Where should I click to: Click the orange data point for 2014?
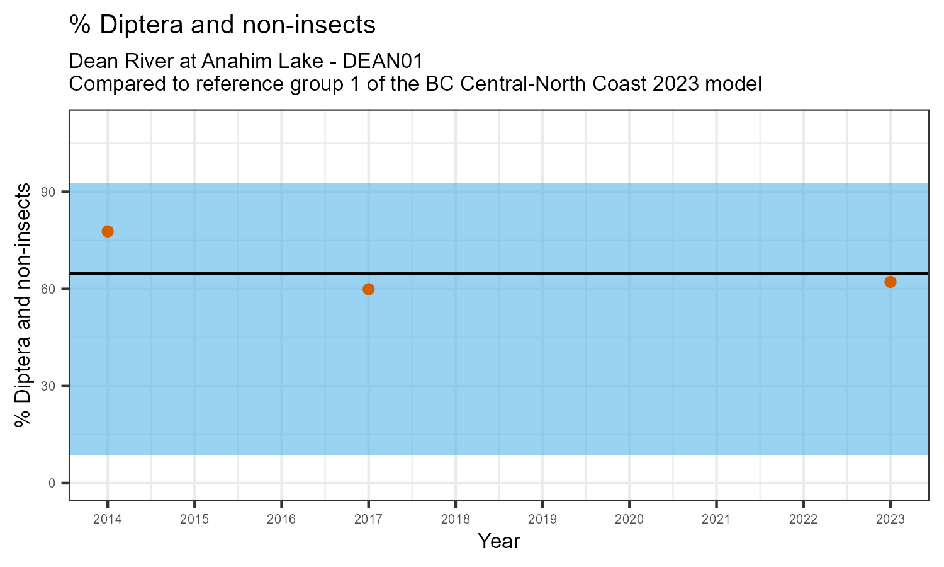pos(108,231)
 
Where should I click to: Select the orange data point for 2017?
pos(369,289)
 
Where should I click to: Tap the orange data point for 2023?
pos(890,282)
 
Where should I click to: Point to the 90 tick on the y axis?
pos(54,192)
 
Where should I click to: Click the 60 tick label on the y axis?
pos(54,289)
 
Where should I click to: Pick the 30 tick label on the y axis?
pos(54,386)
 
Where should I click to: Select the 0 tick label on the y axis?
pos(57,483)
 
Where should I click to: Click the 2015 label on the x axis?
pos(194,520)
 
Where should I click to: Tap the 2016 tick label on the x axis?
pos(281,520)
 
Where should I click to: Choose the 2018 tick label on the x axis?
pos(456,520)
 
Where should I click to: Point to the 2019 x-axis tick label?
pos(542,520)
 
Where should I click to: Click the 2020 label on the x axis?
pos(629,520)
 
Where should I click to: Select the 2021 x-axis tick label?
pos(716,520)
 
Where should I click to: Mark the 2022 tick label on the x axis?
pos(803,520)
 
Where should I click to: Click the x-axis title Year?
pos(499,541)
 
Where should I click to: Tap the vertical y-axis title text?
pos(23,305)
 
